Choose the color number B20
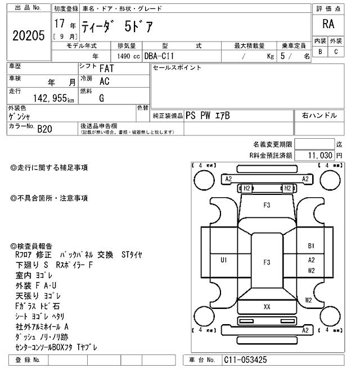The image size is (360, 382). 44,129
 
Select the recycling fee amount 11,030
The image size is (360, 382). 321,154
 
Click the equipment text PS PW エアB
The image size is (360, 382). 208,116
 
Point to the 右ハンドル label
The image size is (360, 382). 319,116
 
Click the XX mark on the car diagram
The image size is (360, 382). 267,307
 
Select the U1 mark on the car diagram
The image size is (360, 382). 223,260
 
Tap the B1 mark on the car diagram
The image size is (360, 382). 311,245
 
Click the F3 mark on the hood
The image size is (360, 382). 267,205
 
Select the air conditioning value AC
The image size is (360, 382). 104,81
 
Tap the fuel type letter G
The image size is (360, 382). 101,98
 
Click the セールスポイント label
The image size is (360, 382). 177,68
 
